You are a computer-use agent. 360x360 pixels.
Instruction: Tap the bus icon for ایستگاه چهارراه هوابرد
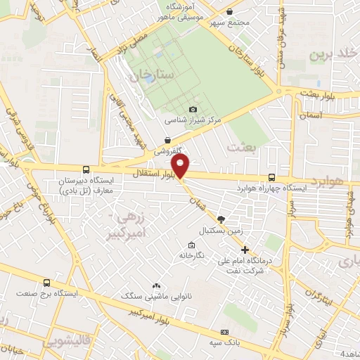[272, 178]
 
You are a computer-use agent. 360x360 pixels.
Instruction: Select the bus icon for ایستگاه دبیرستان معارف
[86, 169]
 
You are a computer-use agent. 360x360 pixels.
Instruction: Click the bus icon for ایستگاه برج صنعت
[47, 283]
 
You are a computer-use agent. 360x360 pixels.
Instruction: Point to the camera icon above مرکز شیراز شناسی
[193, 108]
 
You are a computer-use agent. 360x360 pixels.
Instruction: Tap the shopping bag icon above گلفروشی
[167, 141]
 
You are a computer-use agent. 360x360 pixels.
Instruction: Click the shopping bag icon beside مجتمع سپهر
[230, 11]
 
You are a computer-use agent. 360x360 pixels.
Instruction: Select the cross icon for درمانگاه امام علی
[245, 250]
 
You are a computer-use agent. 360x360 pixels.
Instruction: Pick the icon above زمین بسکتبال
[221, 219]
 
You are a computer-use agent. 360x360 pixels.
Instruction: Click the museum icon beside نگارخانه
[191, 245]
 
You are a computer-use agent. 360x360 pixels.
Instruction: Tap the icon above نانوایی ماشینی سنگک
[156, 286]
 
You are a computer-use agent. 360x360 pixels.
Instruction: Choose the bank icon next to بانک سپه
[224, 332]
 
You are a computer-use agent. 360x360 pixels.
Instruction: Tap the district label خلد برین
[334, 53]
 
